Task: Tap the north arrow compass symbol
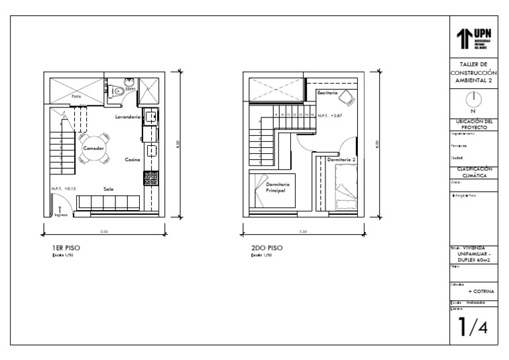tap(473, 99)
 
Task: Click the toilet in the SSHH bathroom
tap(117, 91)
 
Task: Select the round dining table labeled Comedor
tap(93, 148)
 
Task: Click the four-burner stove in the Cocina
tap(150, 177)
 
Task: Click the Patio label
tap(77, 97)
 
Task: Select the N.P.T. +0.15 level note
tap(64, 188)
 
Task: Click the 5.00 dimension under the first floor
tap(103, 231)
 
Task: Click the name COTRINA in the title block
tap(481, 290)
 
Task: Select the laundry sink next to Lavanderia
tap(151, 117)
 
